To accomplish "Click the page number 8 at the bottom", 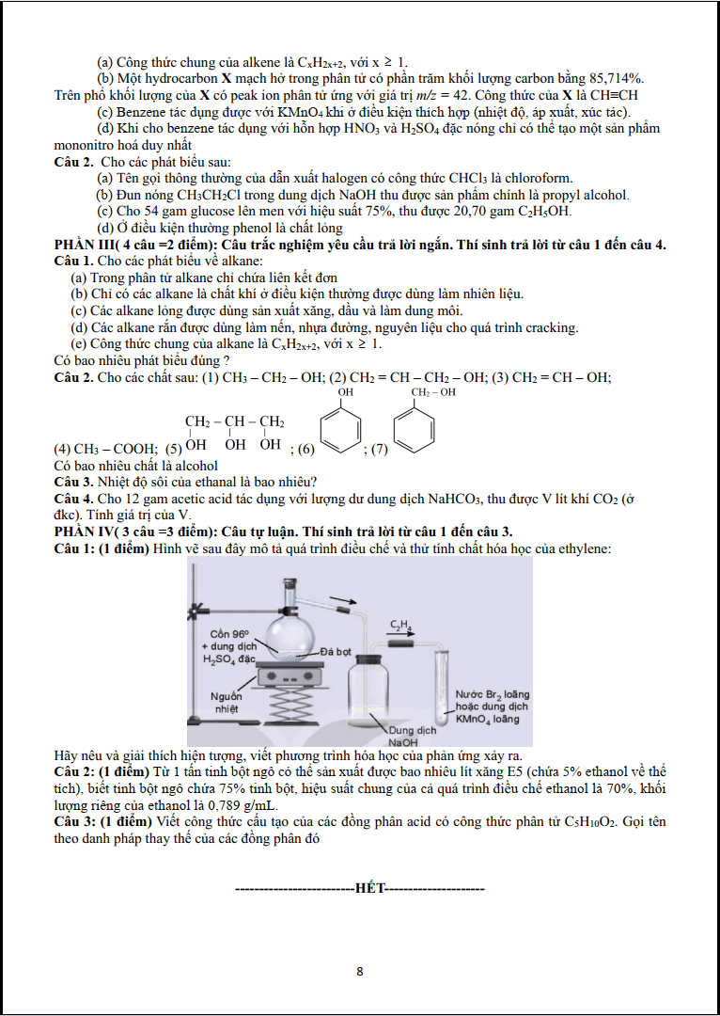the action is [x=360, y=971].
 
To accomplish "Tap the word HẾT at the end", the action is [x=369, y=887].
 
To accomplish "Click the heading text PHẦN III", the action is [x=82, y=245].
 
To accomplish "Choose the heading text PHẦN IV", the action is [x=82, y=532].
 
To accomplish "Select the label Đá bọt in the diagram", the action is [x=337, y=651].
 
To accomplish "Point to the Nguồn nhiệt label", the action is [x=227, y=703].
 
